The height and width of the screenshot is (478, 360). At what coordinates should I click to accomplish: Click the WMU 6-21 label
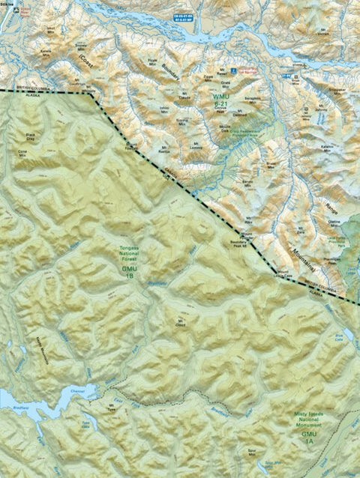(x=222, y=100)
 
